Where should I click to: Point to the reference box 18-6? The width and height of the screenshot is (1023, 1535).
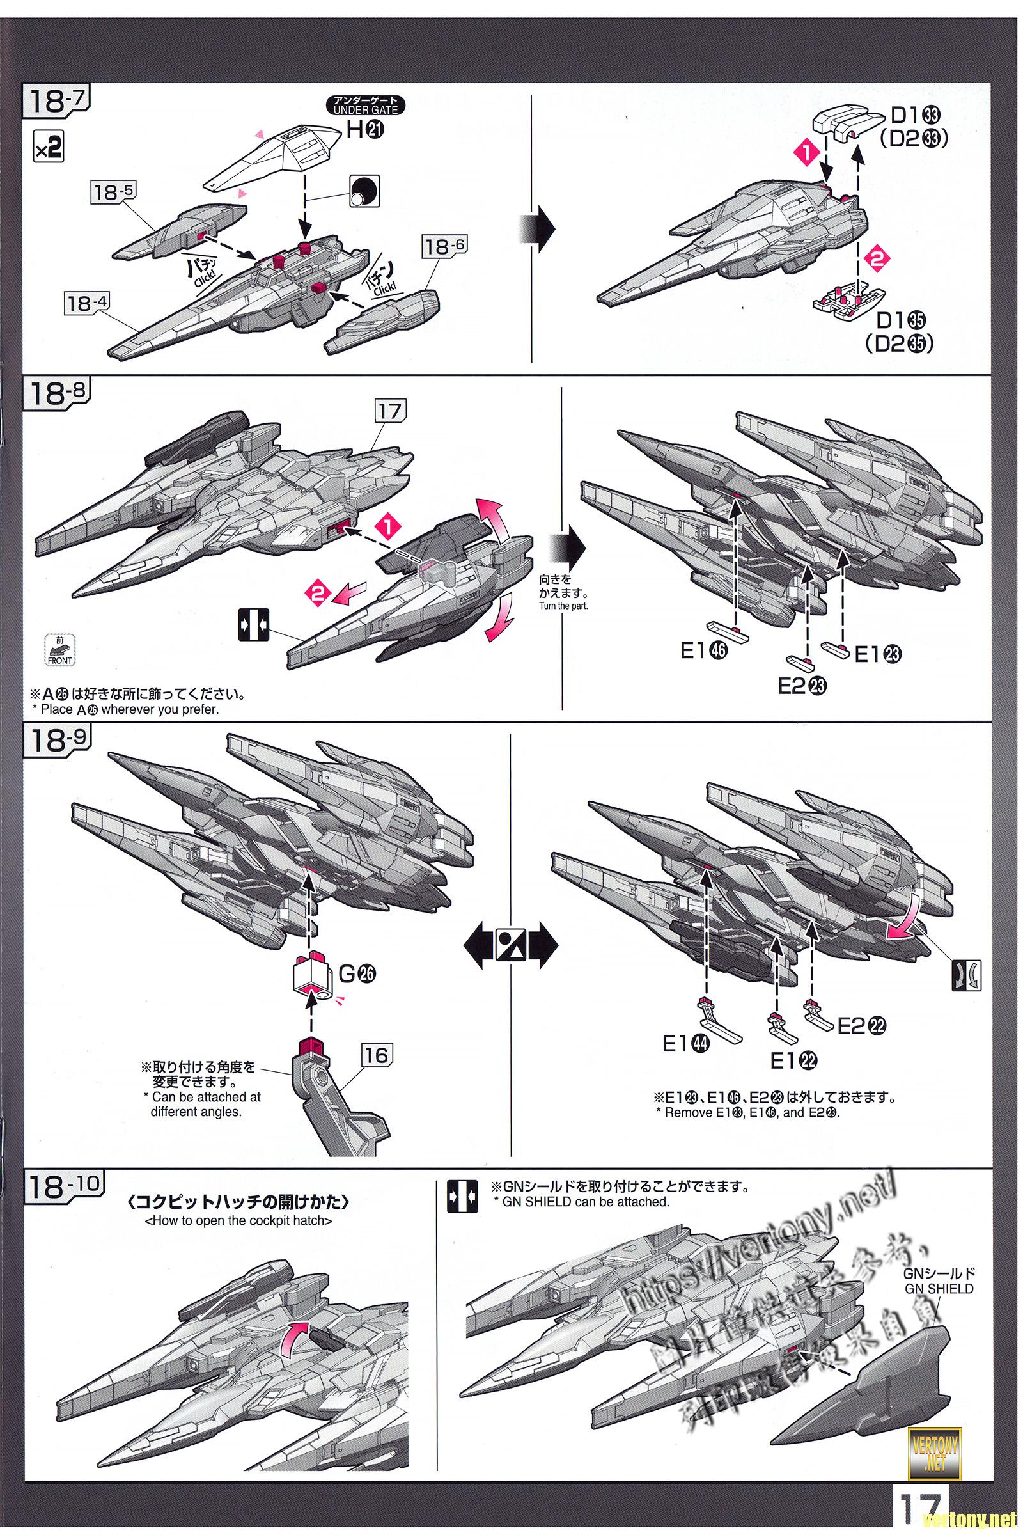(445, 247)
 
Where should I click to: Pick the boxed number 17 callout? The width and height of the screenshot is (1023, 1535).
(390, 411)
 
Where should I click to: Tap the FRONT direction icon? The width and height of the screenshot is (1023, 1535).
(59, 649)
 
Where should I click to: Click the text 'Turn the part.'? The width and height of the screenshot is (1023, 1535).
(563, 606)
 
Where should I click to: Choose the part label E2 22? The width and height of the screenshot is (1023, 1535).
(862, 1026)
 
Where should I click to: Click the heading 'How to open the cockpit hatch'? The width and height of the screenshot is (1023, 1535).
(238, 1221)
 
